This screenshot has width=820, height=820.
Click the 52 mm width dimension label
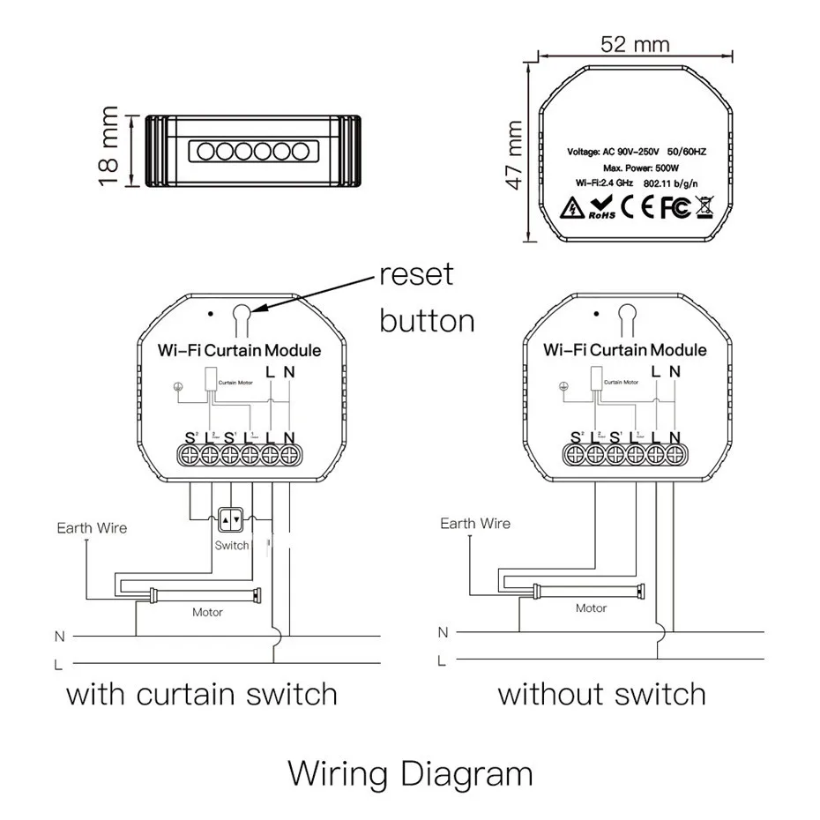click(x=634, y=43)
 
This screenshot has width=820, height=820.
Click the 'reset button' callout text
click(x=427, y=297)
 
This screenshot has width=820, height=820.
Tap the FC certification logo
click(x=675, y=207)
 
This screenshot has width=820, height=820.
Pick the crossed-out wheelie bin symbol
click(x=705, y=207)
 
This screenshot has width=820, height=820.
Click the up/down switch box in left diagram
click(x=231, y=521)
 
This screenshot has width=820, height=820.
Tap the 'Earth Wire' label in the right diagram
click(x=475, y=524)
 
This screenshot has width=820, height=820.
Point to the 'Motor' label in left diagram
click(x=208, y=612)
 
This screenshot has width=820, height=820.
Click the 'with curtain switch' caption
click(x=202, y=694)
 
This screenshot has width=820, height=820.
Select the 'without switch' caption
click(x=601, y=694)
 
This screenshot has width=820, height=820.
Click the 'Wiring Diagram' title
click(x=410, y=774)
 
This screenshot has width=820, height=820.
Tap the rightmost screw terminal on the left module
click(x=288, y=455)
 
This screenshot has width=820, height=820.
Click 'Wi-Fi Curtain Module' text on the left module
click(x=239, y=350)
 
